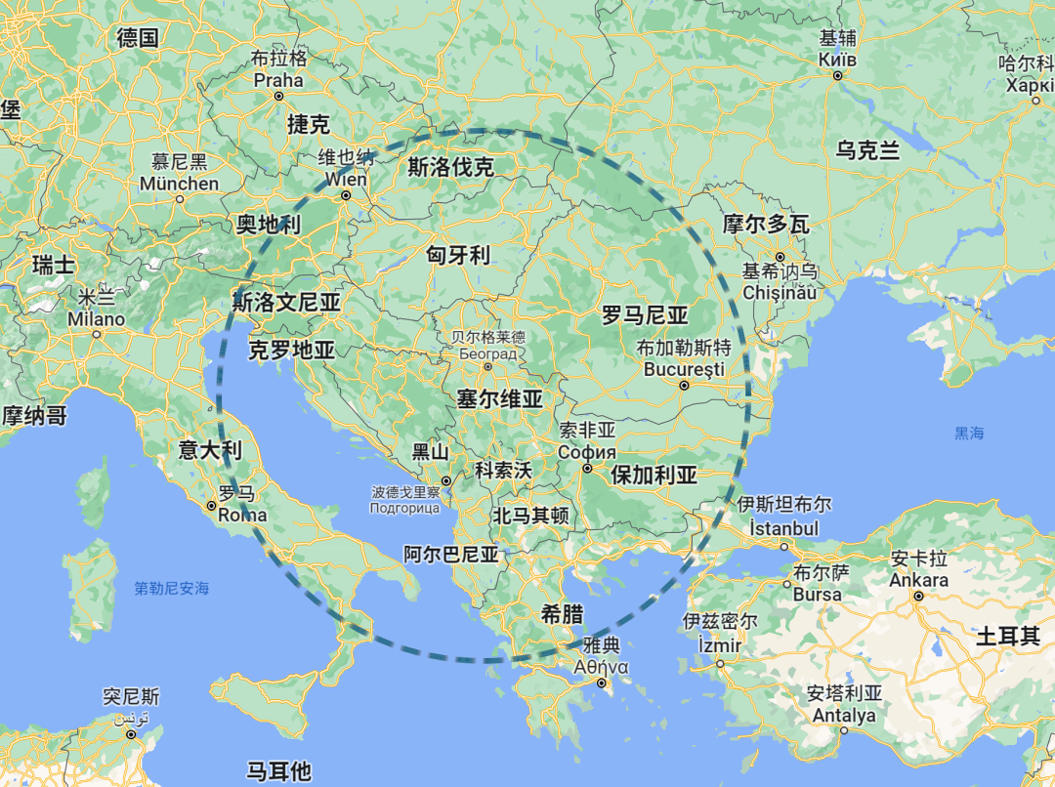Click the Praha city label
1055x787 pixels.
[278, 80]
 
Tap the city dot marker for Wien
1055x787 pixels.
[347, 196]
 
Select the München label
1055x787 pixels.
[180, 184]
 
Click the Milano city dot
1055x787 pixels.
[97, 334]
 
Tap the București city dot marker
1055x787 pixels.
[685, 385]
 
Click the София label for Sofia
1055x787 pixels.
[587, 452]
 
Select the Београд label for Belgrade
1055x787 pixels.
[487, 352]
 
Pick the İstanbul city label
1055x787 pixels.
[783, 528]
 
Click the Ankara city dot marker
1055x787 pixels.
[919, 595]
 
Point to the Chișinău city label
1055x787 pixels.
[781, 292]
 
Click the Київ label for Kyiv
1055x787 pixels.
[838, 60]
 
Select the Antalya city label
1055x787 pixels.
[844, 716]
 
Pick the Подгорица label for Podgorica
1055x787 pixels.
[404, 508]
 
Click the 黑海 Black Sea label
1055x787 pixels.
[970, 433]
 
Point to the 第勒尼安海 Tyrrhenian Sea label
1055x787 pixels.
[172, 588]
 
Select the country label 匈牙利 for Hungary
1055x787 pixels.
[458, 255]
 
